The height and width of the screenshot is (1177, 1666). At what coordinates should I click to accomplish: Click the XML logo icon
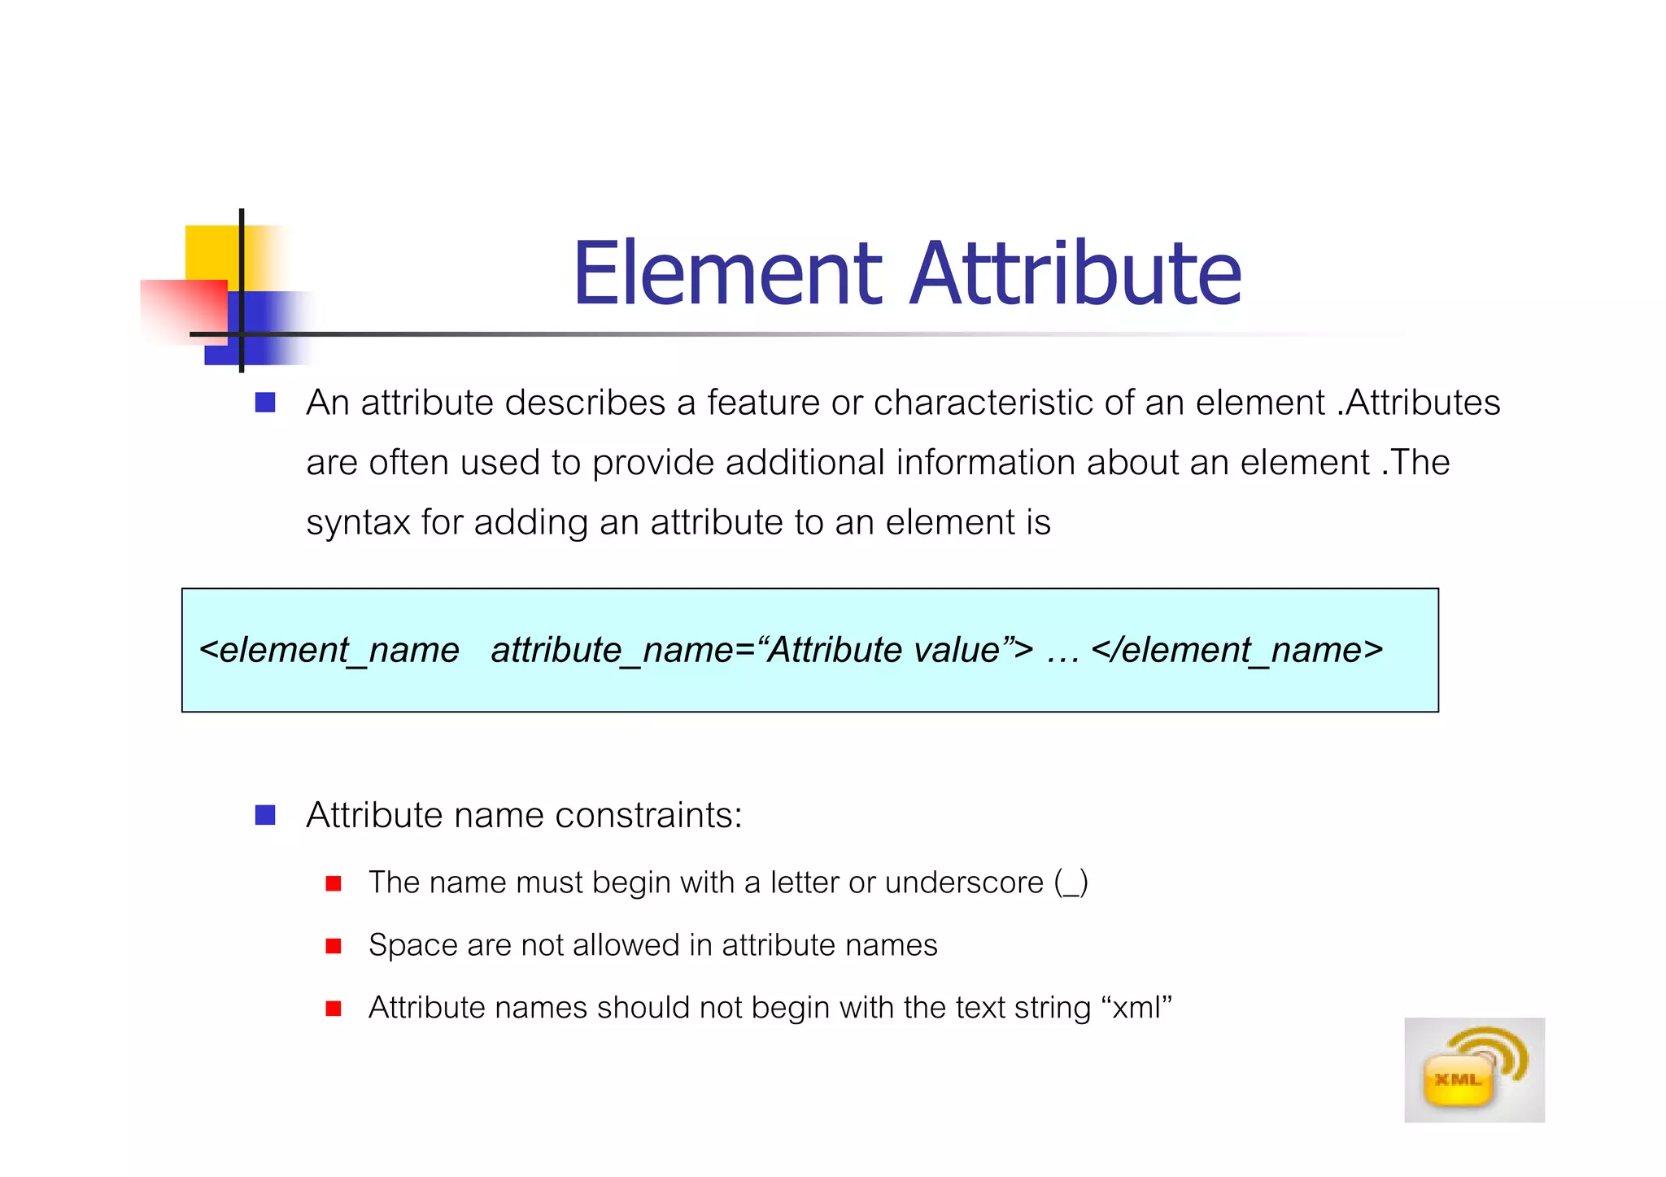[x=1473, y=1070]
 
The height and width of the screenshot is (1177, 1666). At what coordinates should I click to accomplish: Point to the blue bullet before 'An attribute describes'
[x=265, y=403]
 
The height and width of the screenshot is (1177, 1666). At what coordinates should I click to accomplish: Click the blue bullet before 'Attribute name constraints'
[x=265, y=815]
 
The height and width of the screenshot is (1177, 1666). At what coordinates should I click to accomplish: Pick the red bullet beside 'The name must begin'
[x=333, y=883]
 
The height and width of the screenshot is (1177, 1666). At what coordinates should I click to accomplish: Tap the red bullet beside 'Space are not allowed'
[x=333, y=946]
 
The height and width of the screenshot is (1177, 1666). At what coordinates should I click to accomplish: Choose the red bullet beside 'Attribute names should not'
[x=333, y=1009]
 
